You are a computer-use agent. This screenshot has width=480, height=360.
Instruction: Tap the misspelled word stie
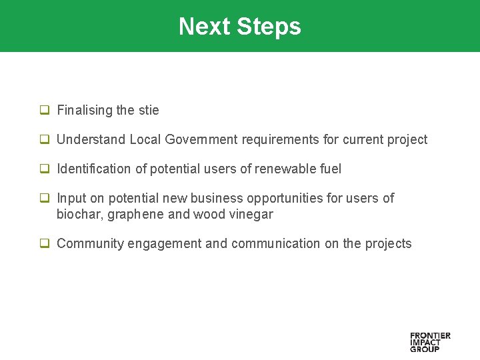pos(149,110)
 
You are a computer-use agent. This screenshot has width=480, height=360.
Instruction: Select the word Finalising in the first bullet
pos(85,110)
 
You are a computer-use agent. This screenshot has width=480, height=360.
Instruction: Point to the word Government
pos(201,139)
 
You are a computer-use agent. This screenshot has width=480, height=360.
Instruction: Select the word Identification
pos(95,169)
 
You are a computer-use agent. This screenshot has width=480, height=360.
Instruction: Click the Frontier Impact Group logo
pos(430,341)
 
